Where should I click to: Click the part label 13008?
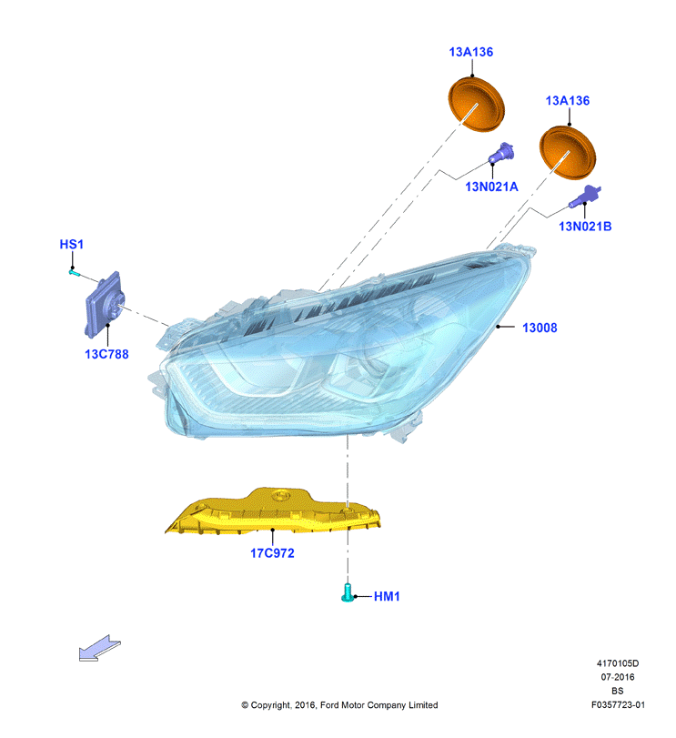click(x=540, y=328)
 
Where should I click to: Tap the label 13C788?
click(x=106, y=354)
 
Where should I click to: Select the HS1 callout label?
click(x=72, y=244)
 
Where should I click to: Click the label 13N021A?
click(x=491, y=187)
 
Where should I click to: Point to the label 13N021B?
click(x=585, y=227)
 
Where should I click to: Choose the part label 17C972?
click(x=272, y=553)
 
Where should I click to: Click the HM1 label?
click(x=387, y=596)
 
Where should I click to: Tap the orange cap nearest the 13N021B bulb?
click(x=568, y=152)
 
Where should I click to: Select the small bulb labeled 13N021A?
click(x=501, y=153)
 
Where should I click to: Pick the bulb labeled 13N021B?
click(x=585, y=197)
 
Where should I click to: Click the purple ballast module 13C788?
click(x=105, y=305)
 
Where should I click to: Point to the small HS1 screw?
click(x=75, y=271)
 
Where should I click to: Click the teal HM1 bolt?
click(x=348, y=592)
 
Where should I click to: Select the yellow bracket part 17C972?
click(x=273, y=512)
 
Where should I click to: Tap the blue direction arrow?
click(x=100, y=648)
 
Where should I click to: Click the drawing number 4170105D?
click(x=618, y=663)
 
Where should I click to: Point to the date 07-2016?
click(x=618, y=677)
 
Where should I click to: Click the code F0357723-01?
click(x=618, y=704)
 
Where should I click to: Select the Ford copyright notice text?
click(x=339, y=705)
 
